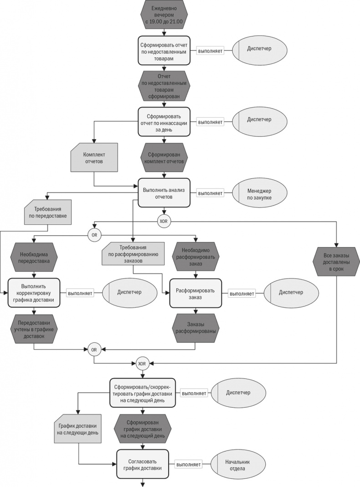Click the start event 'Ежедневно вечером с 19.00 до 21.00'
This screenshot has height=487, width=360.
164,16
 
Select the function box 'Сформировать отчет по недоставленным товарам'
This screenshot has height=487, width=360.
164,51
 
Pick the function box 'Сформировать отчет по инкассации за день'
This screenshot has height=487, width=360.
164,121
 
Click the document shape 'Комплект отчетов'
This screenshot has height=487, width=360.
94,157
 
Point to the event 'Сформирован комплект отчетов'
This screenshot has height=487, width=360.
164,157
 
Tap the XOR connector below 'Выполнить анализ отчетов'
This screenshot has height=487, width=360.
164,222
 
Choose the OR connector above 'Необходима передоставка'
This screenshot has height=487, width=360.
94,235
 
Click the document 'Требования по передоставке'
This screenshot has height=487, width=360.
47,212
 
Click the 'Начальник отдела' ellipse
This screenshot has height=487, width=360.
237,465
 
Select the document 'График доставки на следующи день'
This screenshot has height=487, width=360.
77,429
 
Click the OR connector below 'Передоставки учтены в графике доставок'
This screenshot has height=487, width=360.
94,350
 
